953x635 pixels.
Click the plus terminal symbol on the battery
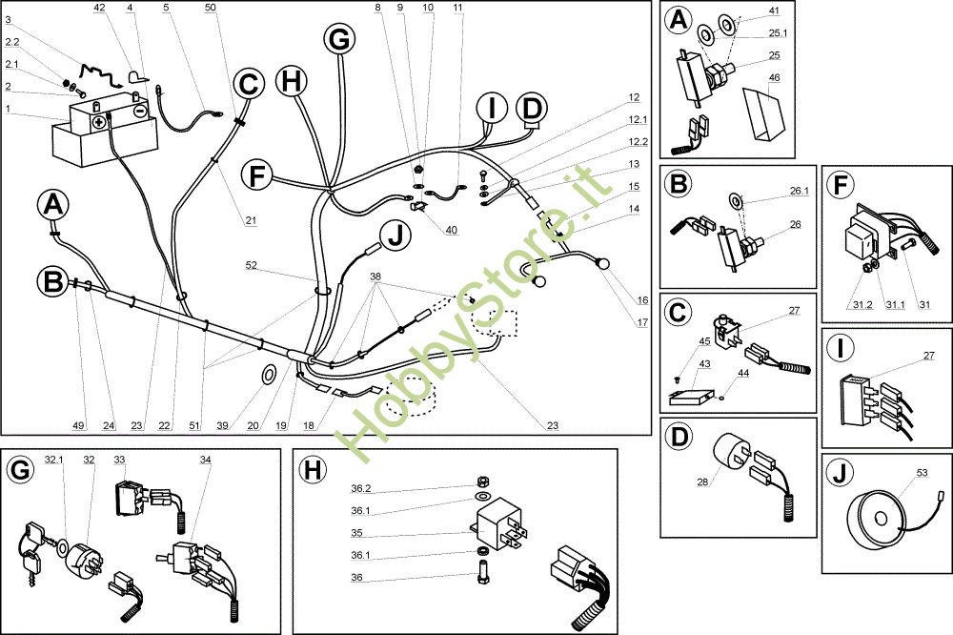[x=99, y=122]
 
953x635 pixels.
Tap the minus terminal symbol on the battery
[x=140, y=112]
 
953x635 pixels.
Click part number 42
[x=100, y=8]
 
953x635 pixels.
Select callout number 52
[x=251, y=265]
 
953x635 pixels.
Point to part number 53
[x=922, y=473]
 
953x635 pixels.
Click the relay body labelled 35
[x=499, y=523]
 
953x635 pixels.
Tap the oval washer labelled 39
[x=268, y=376]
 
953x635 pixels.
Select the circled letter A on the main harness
[x=52, y=205]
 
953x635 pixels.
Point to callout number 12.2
[x=638, y=142]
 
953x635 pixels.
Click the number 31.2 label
[x=862, y=304]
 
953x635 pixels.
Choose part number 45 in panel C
[x=704, y=341]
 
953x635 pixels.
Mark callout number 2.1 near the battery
[x=12, y=64]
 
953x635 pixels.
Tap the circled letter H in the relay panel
[x=313, y=470]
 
